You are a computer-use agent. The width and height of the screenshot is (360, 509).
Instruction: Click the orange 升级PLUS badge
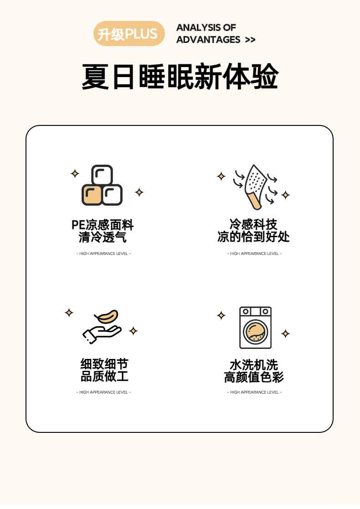click(129, 33)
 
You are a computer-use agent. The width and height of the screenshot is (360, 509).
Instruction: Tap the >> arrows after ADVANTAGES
click(250, 40)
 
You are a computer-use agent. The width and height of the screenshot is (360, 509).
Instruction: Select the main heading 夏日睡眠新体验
click(180, 77)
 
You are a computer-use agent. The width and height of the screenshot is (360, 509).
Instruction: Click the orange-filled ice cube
click(92, 195)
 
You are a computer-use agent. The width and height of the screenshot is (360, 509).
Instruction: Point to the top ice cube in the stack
click(102, 175)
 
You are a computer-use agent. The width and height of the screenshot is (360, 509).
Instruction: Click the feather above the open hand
click(106, 317)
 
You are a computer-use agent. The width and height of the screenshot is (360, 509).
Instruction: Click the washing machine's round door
click(255, 332)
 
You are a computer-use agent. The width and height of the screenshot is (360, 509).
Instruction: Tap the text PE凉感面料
click(103, 225)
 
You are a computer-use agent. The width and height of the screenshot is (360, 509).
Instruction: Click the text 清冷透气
click(103, 237)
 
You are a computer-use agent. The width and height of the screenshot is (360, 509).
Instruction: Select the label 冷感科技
click(253, 224)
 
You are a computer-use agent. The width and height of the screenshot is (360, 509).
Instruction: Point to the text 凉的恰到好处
click(253, 237)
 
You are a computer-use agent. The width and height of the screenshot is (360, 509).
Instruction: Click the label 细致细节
click(104, 364)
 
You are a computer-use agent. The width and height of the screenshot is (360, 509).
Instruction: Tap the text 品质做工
click(104, 376)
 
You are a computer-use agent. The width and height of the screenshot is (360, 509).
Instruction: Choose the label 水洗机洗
click(254, 365)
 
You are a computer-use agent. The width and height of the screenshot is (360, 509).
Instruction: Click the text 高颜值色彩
click(254, 377)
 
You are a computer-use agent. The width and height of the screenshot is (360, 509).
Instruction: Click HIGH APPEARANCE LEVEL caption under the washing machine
click(255, 392)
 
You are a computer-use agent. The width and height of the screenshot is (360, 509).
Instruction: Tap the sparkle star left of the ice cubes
click(75, 173)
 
